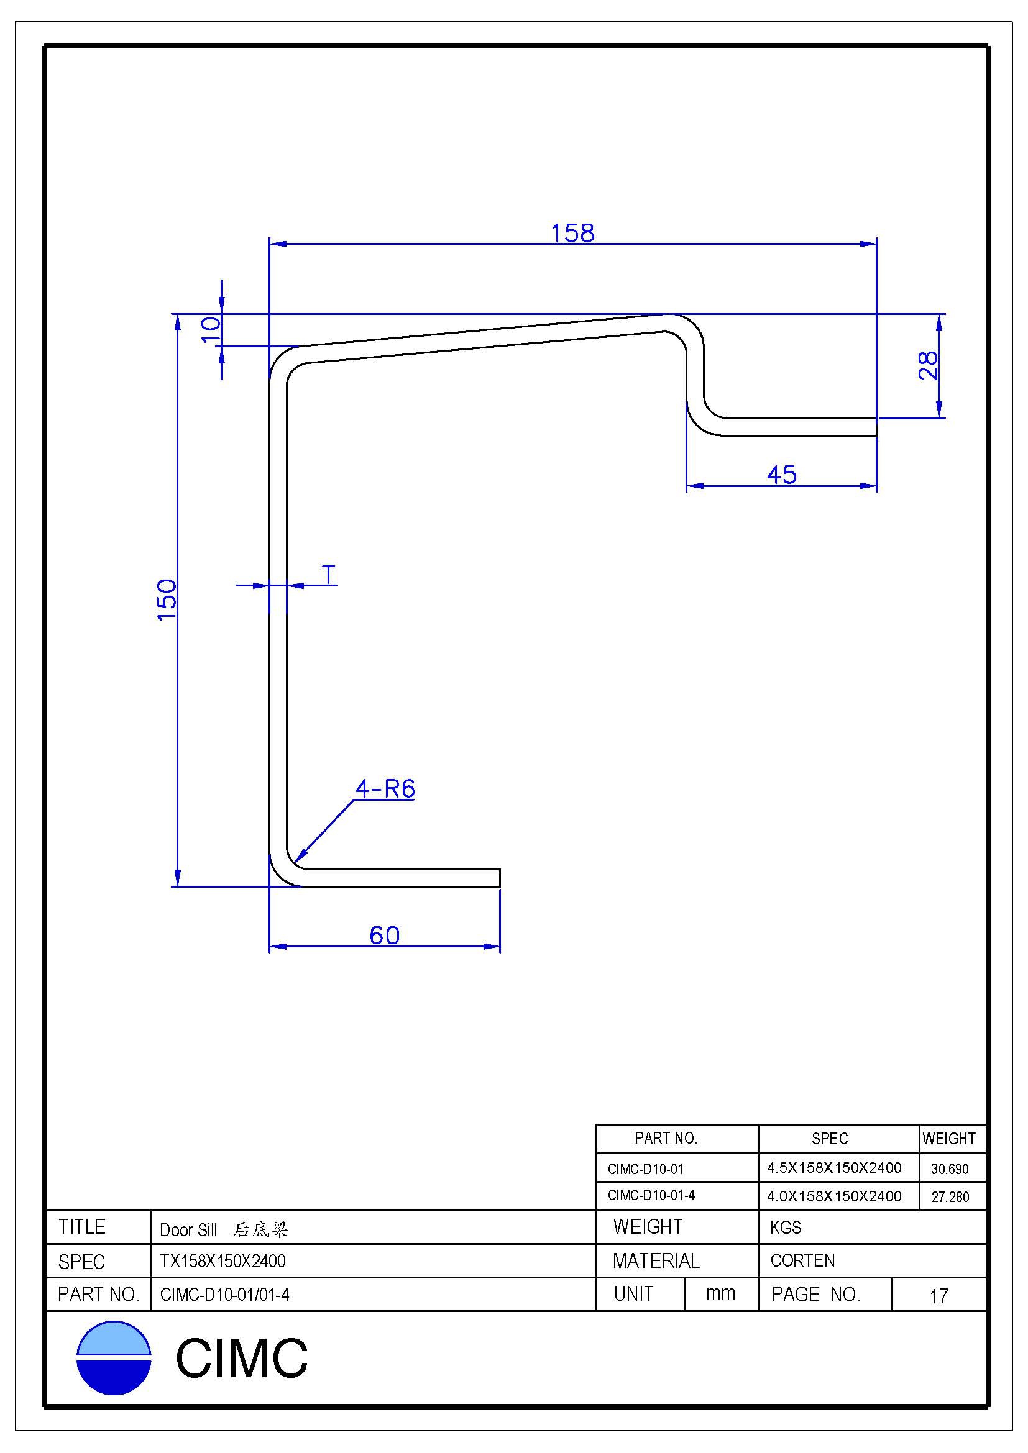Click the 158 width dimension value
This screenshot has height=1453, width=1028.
tap(573, 233)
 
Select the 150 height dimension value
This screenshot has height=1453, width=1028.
tap(167, 599)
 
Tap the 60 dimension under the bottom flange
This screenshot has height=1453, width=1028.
tap(384, 936)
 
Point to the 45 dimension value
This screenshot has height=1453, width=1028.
tap(782, 475)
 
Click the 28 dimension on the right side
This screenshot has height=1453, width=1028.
tap(927, 365)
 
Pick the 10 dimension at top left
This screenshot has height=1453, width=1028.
tap(211, 330)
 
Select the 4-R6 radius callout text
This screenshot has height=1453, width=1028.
tap(385, 788)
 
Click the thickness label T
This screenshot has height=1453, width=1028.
tap(329, 575)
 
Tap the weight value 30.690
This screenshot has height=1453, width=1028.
tap(950, 1169)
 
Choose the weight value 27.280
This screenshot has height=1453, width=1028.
tap(950, 1196)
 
